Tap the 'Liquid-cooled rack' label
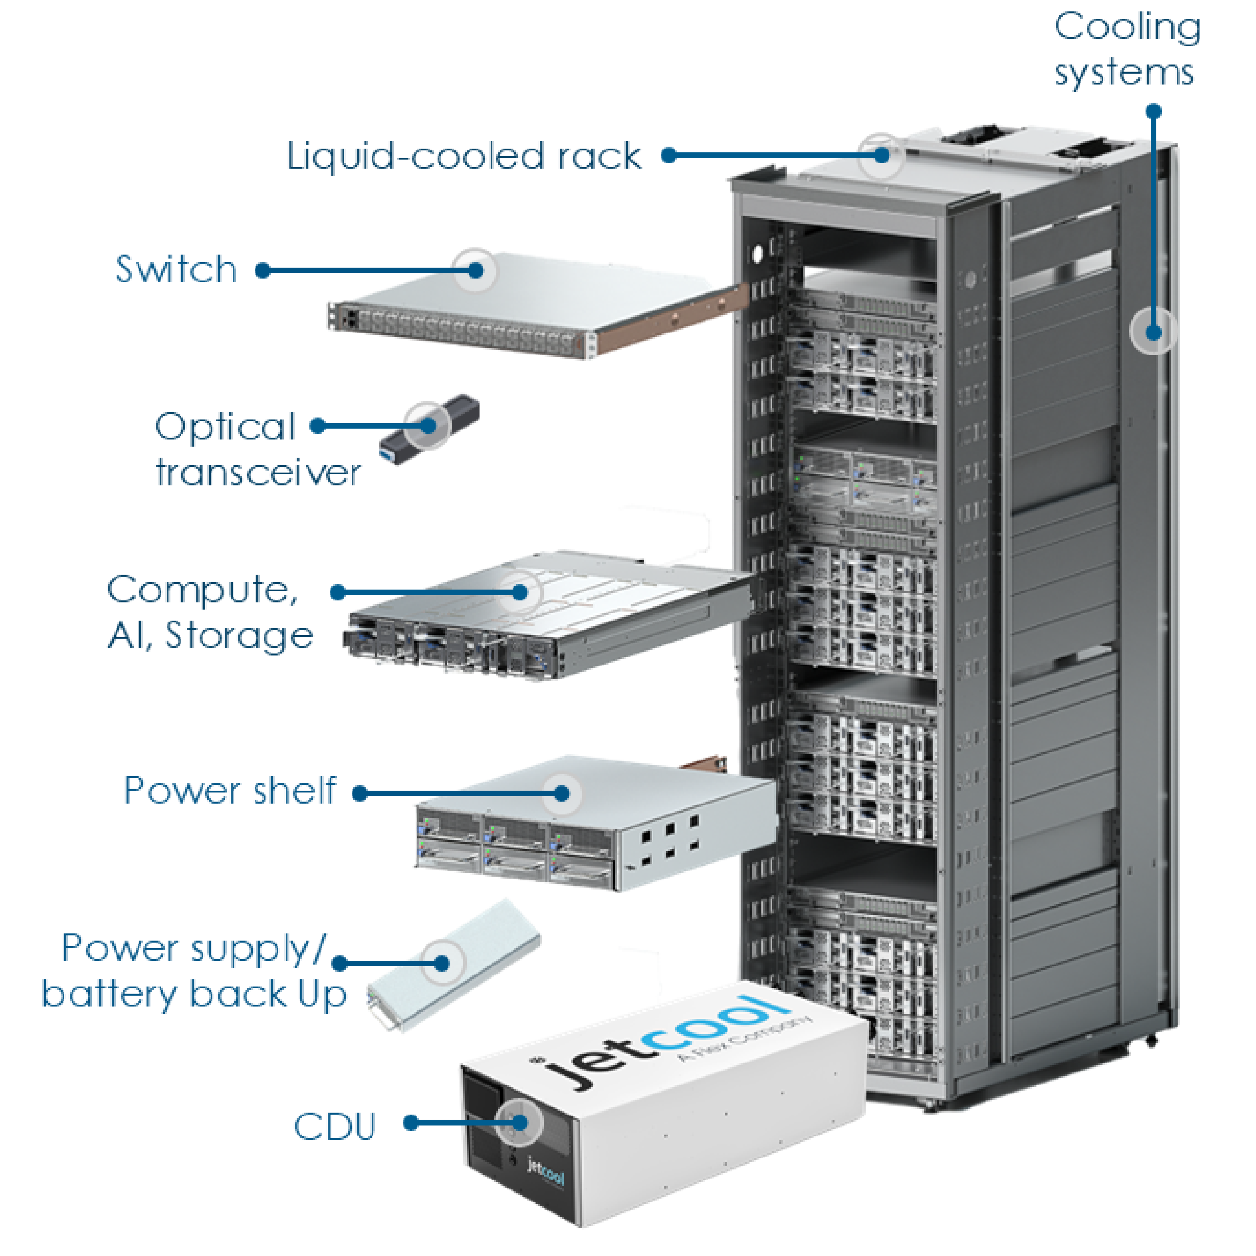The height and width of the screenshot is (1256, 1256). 464,157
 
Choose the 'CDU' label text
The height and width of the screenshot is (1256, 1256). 335,1127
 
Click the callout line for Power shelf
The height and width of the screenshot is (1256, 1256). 461,793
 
